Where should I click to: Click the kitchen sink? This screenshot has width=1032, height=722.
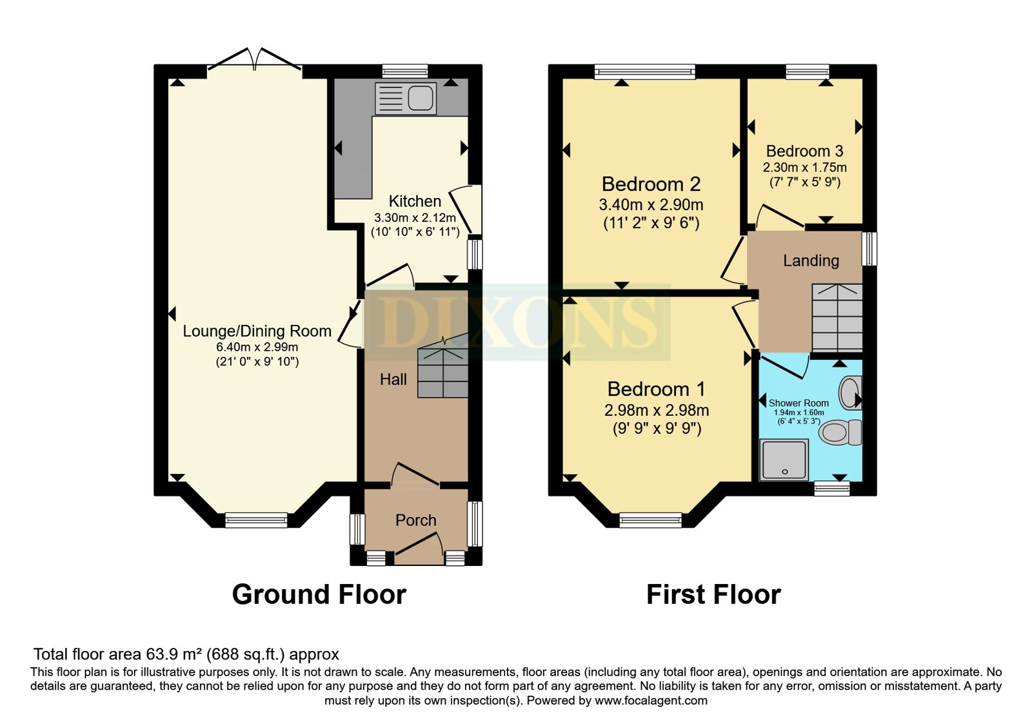(406, 99)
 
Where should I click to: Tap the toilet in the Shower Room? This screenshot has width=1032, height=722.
(840, 433)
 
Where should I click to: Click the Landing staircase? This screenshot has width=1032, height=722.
(837, 318)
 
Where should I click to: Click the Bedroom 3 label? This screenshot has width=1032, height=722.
(804, 151)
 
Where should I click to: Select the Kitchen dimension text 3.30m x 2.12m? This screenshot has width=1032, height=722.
(415, 217)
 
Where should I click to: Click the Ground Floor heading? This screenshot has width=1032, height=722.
(319, 594)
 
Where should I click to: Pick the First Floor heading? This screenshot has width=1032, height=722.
(713, 594)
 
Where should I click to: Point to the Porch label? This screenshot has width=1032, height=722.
(415, 520)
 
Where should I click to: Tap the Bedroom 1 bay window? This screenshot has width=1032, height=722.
(650, 520)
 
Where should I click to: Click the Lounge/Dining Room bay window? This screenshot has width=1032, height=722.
(256, 520)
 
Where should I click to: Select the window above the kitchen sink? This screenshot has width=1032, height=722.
(405, 72)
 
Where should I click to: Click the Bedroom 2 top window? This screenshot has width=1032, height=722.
(644, 72)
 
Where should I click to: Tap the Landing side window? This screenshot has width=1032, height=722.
(869, 249)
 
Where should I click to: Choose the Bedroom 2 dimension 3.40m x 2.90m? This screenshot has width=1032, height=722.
(651, 204)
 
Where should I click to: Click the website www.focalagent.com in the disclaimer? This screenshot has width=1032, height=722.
(651, 701)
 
